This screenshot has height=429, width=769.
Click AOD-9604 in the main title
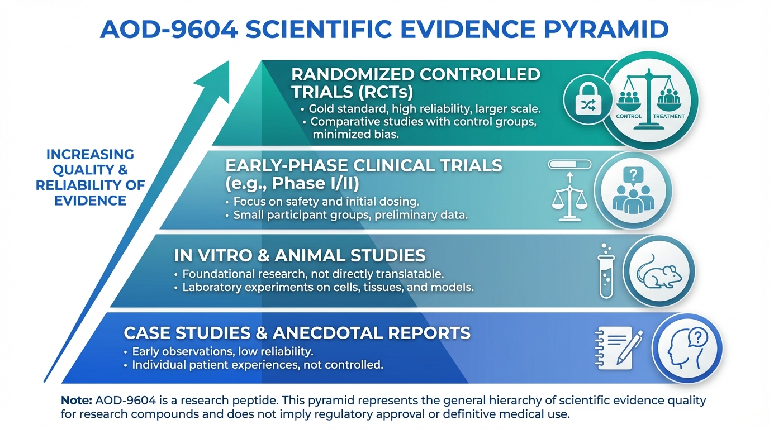coord(169,30)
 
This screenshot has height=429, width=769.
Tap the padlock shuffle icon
coord(588,99)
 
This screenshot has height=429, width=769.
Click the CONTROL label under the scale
coord(629,116)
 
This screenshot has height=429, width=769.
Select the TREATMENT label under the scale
coord(669,116)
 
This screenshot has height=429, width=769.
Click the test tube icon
coord(606,271)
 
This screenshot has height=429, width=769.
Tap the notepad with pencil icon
coord(619,348)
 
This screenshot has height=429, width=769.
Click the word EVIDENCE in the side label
coord(91,201)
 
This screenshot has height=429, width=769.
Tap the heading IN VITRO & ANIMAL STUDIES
coord(300,256)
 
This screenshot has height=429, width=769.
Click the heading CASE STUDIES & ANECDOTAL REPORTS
coord(297,333)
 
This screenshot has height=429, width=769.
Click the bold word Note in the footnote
coord(76,401)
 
